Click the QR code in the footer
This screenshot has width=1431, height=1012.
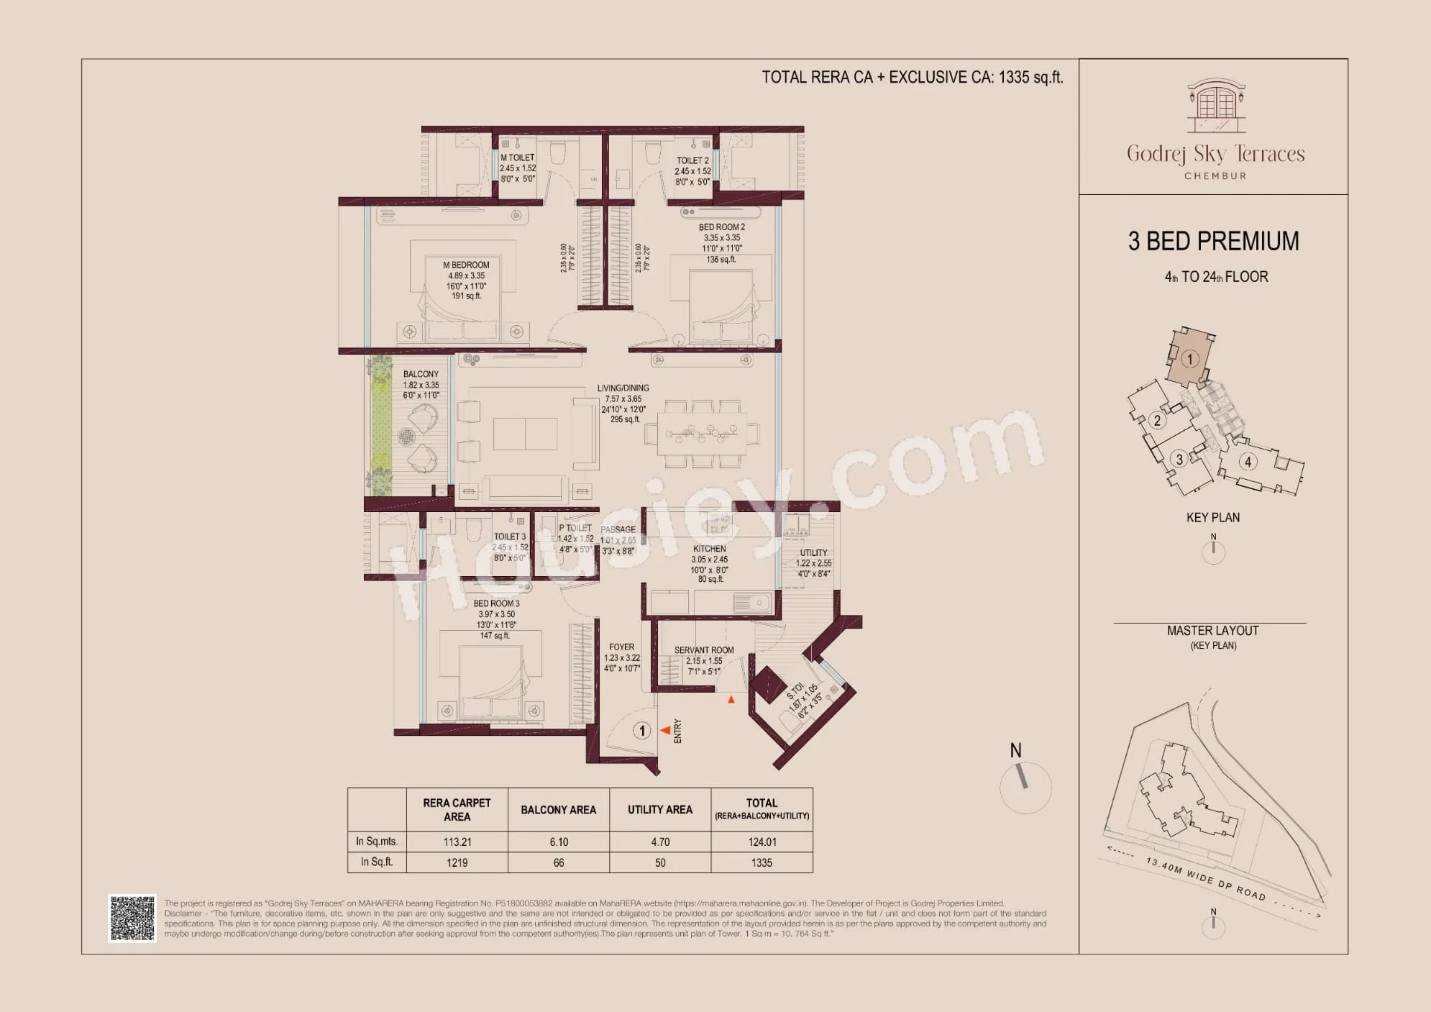coord(132,918)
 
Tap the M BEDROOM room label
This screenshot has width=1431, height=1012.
coord(466,265)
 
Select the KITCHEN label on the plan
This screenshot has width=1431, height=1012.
coord(709,549)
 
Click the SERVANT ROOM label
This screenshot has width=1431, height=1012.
coord(704,650)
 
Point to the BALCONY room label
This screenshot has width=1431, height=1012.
coord(421,374)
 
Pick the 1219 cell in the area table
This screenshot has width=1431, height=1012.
coord(457,862)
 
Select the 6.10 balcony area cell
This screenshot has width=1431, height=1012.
coord(558,842)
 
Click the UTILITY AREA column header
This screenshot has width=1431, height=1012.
coord(659,810)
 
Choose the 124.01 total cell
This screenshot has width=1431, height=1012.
coord(762,842)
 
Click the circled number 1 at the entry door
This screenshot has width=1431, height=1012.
coord(641,731)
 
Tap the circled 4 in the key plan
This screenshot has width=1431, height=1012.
coord(1248,462)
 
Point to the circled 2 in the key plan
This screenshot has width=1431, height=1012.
coord(1157,421)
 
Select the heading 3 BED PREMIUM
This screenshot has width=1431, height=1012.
coord(1213,241)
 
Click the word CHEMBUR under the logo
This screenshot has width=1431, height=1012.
coord(1215,175)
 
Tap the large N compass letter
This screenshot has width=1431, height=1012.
coord(1015,750)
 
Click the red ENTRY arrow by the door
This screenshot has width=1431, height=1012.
coord(666,731)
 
